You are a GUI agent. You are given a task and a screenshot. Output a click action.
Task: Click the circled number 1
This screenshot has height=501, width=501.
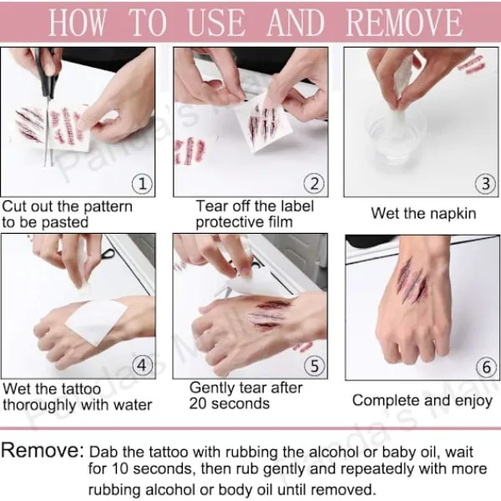point(142,184)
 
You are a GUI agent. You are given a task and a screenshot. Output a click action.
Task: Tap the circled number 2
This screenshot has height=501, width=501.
point(314,184)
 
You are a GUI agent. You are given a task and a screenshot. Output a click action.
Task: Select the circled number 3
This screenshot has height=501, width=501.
point(485,184)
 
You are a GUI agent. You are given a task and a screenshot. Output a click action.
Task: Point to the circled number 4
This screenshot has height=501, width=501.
point(142,365)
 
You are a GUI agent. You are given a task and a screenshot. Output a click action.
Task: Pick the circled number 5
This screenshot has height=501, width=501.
point(315,366)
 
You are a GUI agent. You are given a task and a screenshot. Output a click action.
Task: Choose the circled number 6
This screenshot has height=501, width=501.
point(486,367)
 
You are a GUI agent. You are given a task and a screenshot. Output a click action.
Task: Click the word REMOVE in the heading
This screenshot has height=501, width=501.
point(404,23)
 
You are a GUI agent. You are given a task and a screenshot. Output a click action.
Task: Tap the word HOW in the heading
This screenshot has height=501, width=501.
point(77,23)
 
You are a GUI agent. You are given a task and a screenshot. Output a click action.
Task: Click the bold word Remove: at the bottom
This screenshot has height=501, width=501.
point(43,451)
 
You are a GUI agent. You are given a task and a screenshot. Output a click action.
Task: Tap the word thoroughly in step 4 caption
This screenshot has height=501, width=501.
point(40,405)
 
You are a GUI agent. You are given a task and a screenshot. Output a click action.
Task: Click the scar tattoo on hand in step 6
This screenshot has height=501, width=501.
point(412,283)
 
